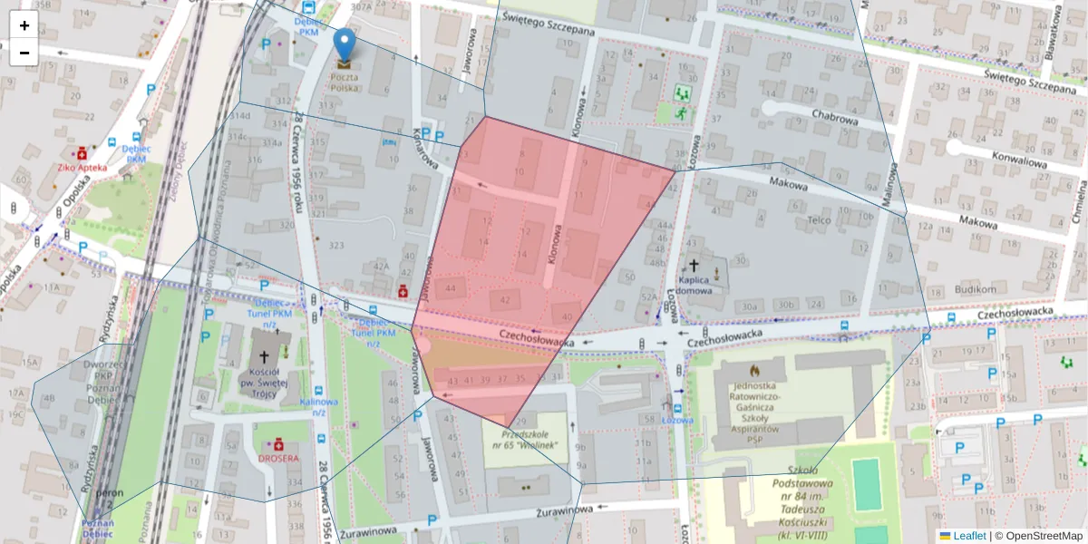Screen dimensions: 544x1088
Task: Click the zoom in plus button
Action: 24,25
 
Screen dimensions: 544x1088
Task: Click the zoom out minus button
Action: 24,53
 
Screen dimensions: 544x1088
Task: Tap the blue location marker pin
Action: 345,45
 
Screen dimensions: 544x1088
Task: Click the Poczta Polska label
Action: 344,83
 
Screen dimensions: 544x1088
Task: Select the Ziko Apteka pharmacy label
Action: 82,167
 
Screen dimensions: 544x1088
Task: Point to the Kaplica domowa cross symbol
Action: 695,266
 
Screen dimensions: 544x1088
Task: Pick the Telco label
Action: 819,219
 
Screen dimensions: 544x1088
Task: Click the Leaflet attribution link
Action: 969,536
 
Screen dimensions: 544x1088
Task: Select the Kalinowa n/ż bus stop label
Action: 318,406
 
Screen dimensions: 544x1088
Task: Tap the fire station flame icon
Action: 753,370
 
